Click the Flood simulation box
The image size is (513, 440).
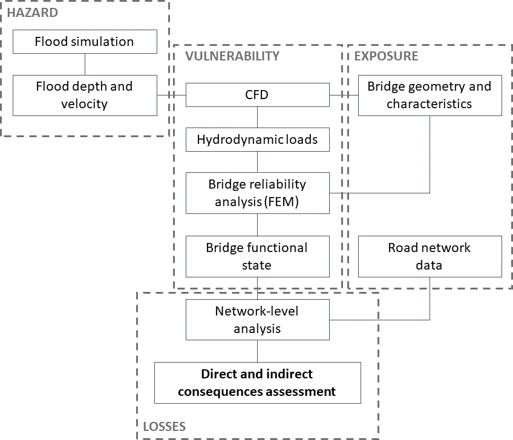point(84,42)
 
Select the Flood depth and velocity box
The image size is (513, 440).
point(84,95)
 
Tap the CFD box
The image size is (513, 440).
point(258,95)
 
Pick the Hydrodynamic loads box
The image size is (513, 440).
point(258,140)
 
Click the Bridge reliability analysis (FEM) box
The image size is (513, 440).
point(258,193)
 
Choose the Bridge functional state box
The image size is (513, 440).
point(258,256)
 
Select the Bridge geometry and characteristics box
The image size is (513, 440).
point(430,95)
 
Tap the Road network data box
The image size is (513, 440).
point(430,256)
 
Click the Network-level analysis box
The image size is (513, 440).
point(258,320)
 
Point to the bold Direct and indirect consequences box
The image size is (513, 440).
point(258,383)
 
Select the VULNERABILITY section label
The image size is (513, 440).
point(233,56)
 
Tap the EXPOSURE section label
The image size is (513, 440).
point(386,56)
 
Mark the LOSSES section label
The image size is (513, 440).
point(165,427)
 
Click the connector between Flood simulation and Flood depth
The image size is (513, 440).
point(85,64)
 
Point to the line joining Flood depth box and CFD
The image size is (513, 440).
point(171,95)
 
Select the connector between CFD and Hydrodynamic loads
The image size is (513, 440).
point(258,117)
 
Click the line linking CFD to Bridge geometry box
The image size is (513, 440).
point(344,95)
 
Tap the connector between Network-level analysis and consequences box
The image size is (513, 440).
point(258,351)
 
